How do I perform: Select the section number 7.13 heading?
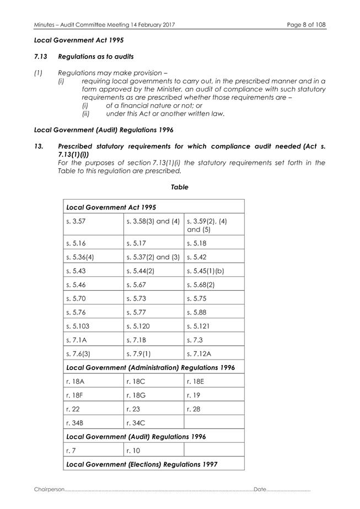click(42, 57)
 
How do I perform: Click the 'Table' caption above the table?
click(179, 187)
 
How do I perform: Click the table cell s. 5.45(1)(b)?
click(206, 270)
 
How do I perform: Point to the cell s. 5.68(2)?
click(201, 284)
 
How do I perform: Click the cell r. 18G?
click(135, 395)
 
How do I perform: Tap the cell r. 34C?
click(135, 422)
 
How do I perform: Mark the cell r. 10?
click(132, 450)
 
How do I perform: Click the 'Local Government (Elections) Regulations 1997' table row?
click(142, 464)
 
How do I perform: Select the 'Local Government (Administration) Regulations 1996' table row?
click(150, 367)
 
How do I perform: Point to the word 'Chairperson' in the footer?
click(49, 489)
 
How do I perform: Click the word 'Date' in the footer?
click(260, 489)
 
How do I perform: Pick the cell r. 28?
click(192, 409)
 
